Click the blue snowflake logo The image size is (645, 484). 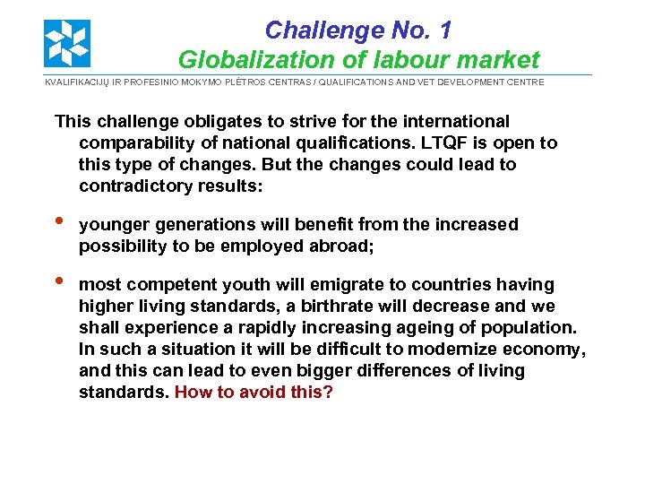pyautogui.click(x=67, y=43)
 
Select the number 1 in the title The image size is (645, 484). pyautogui.click(x=443, y=30)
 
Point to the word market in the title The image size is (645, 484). pyautogui.click(x=497, y=60)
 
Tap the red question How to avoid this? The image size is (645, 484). pyautogui.click(x=254, y=393)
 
